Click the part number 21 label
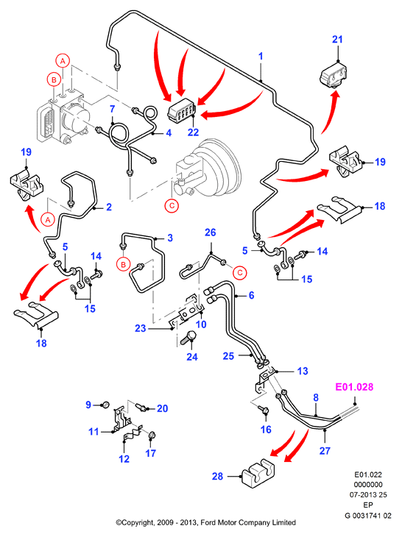(337, 40)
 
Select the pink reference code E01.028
(354, 387)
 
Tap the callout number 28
(218, 477)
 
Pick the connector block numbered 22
(181, 110)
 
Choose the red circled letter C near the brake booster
(172, 205)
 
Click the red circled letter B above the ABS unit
(54, 79)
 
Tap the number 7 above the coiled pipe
(112, 110)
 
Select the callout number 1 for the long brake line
(261, 56)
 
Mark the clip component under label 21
(334, 74)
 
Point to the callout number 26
(210, 232)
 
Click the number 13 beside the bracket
(303, 371)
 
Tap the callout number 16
(266, 430)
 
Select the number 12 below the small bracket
(124, 458)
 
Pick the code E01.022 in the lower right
(368, 474)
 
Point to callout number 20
(162, 408)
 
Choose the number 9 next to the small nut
(88, 405)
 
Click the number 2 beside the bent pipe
(109, 207)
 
